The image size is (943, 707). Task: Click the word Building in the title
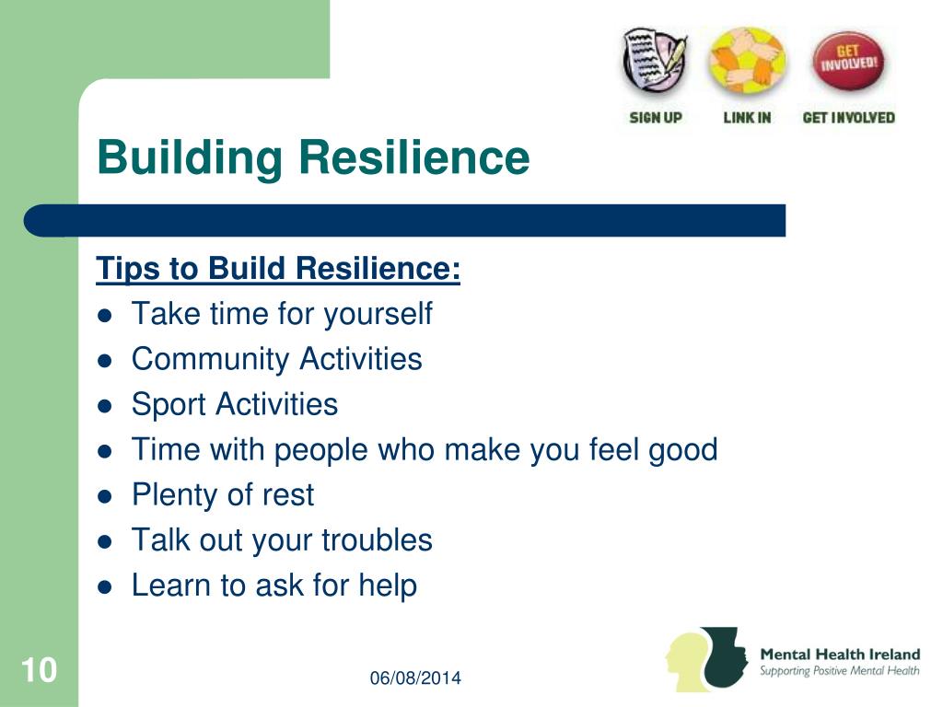click(x=190, y=158)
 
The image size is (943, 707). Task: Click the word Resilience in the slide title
click(x=414, y=156)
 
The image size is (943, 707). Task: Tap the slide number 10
click(x=39, y=670)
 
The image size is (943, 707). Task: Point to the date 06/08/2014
click(x=415, y=678)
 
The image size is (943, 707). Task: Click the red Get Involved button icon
click(x=848, y=61)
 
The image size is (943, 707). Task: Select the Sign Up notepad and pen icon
click(x=655, y=63)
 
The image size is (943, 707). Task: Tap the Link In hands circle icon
click(x=748, y=61)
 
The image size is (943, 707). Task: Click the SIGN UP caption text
click(x=656, y=117)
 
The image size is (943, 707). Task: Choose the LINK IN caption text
click(x=747, y=117)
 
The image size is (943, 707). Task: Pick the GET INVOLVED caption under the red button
click(x=848, y=117)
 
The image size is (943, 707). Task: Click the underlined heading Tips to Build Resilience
click(x=278, y=268)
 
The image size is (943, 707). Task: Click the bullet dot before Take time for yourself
click(x=105, y=316)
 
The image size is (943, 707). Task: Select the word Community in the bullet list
click(x=211, y=360)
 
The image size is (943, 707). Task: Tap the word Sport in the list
click(x=169, y=405)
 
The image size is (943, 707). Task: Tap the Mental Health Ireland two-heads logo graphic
click(x=706, y=659)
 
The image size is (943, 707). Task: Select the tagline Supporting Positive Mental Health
click(x=840, y=671)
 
